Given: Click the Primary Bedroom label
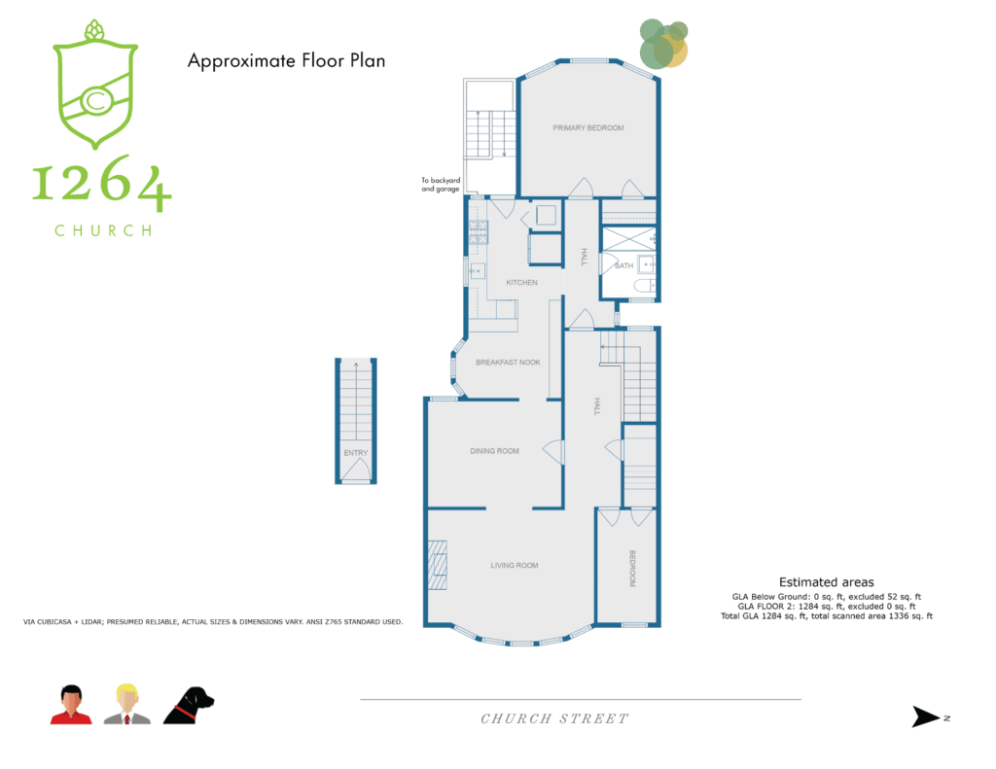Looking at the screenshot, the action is coord(588,127).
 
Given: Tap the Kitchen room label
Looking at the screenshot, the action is coord(521,283).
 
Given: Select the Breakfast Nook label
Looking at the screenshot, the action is coord(508,362).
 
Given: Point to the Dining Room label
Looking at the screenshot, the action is coord(494,451).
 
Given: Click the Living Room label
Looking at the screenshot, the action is coord(515,565).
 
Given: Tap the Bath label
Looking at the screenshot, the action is coord(623,265).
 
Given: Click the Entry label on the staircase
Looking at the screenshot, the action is coord(356,453).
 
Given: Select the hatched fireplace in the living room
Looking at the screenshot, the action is coord(437,565).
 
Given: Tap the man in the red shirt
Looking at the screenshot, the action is coord(71,705).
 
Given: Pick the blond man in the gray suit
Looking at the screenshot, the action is coord(127,704).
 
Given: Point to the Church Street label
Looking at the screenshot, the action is coord(554,718).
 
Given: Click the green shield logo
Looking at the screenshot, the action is coord(95,85).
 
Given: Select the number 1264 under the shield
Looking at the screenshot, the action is coord(101,183).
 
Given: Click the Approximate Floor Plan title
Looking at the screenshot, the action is coord(287,61).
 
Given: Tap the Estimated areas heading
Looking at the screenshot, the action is coord(827,582).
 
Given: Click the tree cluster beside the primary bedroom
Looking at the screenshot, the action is coord(663,43).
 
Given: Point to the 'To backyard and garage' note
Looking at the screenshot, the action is coord(441,184).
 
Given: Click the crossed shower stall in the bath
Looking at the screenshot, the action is coord(629,238).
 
